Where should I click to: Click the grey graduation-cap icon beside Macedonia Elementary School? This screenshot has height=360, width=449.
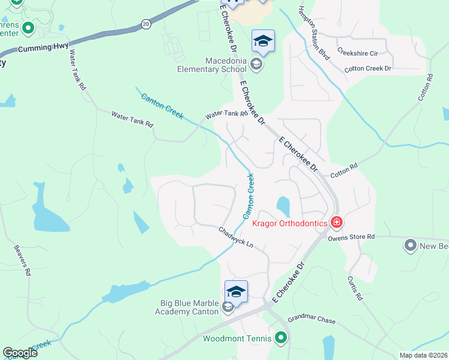pyautogui.click(x=256, y=65)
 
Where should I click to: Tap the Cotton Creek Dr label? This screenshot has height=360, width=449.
pyautogui.click(x=367, y=69)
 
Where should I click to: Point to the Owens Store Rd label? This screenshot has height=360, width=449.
pyautogui.click(x=351, y=237)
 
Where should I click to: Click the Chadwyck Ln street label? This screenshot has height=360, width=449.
pyautogui.click(x=236, y=238)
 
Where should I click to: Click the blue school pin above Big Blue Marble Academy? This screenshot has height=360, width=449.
pyautogui.click(x=236, y=292)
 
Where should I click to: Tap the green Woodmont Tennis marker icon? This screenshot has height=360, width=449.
pyautogui.click(x=280, y=338)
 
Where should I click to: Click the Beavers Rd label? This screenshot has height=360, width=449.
pyautogui.click(x=22, y=259)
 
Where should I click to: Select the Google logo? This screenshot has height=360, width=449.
pyautogui.click(x=20, y=353)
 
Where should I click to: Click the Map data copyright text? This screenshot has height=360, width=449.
pyautogui.click(x=424, y=355)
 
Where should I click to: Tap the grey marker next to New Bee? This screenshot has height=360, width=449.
pyautogui.click(x=411, y=245)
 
